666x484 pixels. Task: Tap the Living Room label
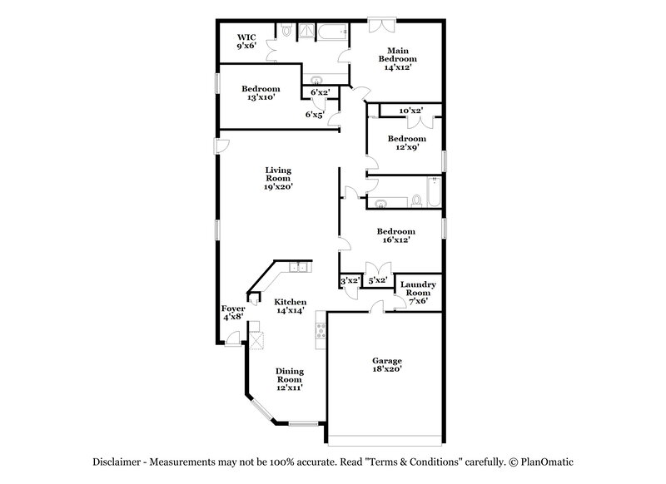(x=278, y=179)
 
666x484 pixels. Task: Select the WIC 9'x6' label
(x=246, y=42)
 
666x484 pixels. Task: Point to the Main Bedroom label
(x=399, y=59)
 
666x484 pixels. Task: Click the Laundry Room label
(x=415, y=293)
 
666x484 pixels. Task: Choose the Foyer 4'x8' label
(x=233, y=313)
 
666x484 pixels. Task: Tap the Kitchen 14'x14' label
(x=291, y=305)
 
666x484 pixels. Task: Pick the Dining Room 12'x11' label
(x=290, y=379)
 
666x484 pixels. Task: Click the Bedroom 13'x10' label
(x=261, y=93)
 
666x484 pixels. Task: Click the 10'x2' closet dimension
(x=410, y=111)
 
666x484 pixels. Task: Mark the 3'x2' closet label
(x=350, y=282)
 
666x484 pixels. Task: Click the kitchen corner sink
(x=296, y=268)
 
